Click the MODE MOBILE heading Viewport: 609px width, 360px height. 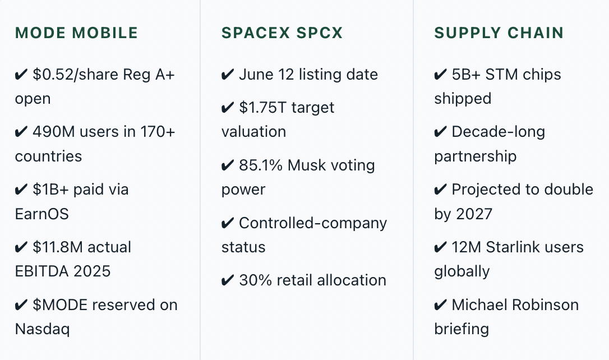[76, 33]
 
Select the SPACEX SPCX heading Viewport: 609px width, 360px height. [282, 33]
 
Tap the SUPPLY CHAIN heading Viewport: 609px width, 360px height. [499, 33]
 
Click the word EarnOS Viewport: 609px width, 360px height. [42, 214]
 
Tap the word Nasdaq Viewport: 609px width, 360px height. [42, 329]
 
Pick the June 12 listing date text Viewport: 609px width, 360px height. [308, 75]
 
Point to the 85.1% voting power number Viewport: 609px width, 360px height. [261, 165]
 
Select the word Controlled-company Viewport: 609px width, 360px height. [313, 223]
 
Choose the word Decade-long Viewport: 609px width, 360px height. [499, 132]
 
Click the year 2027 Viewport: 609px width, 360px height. [474, 214]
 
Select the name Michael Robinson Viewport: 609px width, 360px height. [515, 305]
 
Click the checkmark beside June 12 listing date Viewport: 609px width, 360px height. [228, 74]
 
